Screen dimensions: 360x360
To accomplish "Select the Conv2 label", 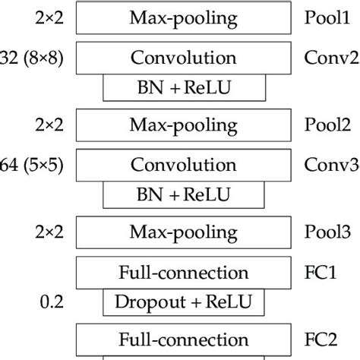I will [x=330, y=58].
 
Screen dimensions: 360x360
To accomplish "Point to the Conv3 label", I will [x=330, y=164].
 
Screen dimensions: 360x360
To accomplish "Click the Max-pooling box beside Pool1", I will [x=185, y=16].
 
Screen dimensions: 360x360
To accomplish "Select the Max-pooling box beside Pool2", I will [x=185, y=122].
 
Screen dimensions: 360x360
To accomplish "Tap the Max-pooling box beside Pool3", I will [x=185, y=229].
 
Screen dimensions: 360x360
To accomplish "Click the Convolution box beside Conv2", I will [x=185, y=58].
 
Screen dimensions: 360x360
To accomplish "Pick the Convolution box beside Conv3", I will [x=185, y=164].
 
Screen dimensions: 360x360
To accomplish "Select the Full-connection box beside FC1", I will [x=185, y=272].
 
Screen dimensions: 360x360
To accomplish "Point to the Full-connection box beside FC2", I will [x=185, y=336].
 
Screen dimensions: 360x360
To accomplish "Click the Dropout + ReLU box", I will [x=185, y=302].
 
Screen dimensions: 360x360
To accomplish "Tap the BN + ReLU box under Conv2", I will [x=185, y=89].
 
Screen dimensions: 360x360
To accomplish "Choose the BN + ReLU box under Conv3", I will [x=185, y=195].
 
